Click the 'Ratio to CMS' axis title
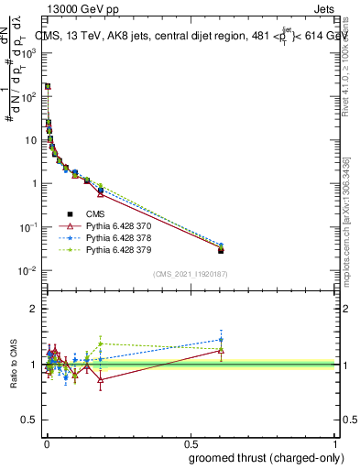pyautogui.click(x=15, y=365)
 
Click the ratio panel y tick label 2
pyautogui.click(x=33, y=309)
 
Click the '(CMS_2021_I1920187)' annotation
pyautogui.click(x=190, y=274)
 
